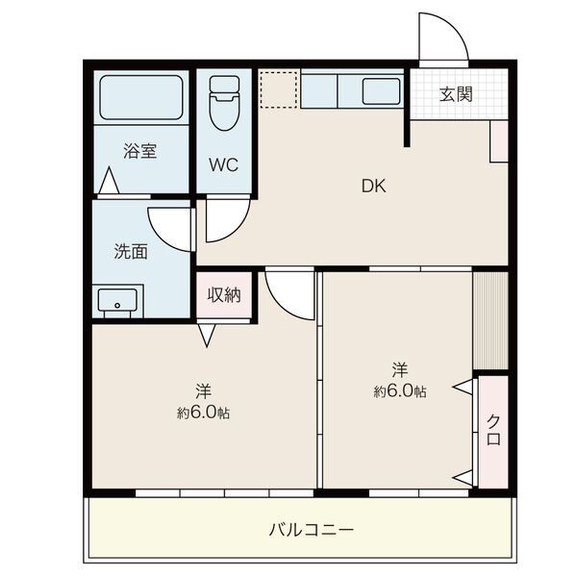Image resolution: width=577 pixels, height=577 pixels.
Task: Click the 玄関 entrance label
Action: (456, 94)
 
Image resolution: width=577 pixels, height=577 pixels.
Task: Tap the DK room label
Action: (373, 188)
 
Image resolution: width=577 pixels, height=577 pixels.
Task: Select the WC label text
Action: (224, 163)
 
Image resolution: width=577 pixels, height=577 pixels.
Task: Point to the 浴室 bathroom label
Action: (139, 151)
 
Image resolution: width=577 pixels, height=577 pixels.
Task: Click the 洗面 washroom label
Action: (131, 252)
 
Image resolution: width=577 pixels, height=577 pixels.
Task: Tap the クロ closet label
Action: (492, 429)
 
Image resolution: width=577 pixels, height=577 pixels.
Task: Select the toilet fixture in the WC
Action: (224, 105)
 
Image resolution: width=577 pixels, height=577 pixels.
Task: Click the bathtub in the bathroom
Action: (141, 98)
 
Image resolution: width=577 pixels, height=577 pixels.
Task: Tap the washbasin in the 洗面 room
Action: (118, 302)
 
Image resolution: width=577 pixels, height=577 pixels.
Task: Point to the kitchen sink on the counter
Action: (381, 91)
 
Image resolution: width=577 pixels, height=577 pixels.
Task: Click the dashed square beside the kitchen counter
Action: (279, 89)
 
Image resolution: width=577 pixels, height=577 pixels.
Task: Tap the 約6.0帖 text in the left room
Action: (203, 414)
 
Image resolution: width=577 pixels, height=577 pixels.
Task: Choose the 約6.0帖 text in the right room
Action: (400, 391)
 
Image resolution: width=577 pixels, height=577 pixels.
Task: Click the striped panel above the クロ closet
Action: (489, 321)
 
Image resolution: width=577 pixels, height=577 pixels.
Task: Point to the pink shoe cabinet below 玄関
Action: (498, 142)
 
